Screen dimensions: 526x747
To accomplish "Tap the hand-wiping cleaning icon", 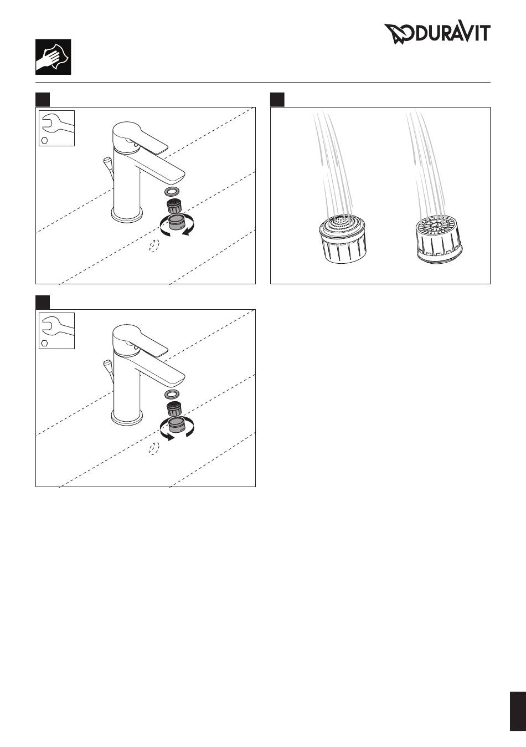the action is click(x=53, y=57).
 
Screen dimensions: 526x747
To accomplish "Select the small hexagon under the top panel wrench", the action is click(x=44, y=140).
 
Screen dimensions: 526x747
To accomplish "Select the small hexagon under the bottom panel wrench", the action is click(x=44, y=343).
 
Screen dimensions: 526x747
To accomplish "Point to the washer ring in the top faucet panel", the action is click(x=172, y=192).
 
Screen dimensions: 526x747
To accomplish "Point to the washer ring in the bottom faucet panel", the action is click(x=172, y=394).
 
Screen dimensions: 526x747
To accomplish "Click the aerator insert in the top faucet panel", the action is click(x=173, y=206).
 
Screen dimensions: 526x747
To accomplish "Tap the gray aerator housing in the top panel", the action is click(x=177, y=222).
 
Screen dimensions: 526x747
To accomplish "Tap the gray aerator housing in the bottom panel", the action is click(x=177, y=424).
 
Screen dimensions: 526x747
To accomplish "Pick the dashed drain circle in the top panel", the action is click(x=154, y=245).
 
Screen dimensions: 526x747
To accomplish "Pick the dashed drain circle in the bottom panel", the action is click(x=154, y=448).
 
